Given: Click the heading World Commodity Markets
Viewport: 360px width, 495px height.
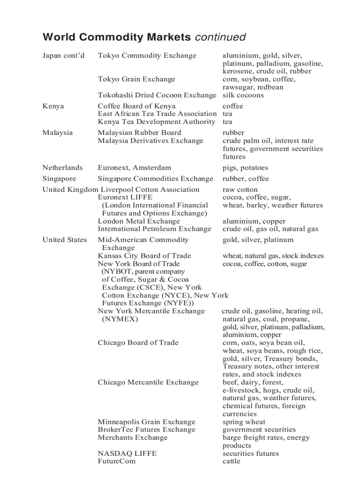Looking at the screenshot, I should (117, 37).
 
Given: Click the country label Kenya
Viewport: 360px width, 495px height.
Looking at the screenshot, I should (53, 106).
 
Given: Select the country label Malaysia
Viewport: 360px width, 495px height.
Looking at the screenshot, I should (57, 133).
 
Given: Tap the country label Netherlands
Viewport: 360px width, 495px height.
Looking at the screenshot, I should (62, 168).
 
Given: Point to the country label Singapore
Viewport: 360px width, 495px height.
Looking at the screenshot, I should (59, 179).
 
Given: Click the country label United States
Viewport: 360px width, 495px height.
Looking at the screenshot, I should (64, 240).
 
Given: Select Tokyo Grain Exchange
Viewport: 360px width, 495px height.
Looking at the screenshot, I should (136, 79).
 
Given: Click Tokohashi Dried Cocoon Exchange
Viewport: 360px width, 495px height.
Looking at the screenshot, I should (157, 95).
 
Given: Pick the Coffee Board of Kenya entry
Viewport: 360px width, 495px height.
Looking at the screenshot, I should (136, 106).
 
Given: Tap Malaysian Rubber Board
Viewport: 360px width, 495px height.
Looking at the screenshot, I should (139, 133).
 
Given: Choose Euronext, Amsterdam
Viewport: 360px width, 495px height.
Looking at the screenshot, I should (135, 168).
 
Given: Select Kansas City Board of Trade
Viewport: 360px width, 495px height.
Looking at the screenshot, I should (144, 256).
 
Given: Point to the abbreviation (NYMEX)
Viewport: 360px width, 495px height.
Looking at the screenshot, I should (120, 319).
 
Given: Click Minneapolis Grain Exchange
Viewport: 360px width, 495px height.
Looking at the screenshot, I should (146, 422).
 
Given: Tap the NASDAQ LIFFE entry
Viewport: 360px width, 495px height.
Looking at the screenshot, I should (127, 454).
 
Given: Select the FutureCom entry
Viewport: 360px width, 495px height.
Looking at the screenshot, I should (116, 462).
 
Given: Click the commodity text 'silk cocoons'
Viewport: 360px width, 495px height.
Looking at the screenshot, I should (243, 95).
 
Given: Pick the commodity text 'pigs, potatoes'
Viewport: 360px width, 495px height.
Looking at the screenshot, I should (245, 168).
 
